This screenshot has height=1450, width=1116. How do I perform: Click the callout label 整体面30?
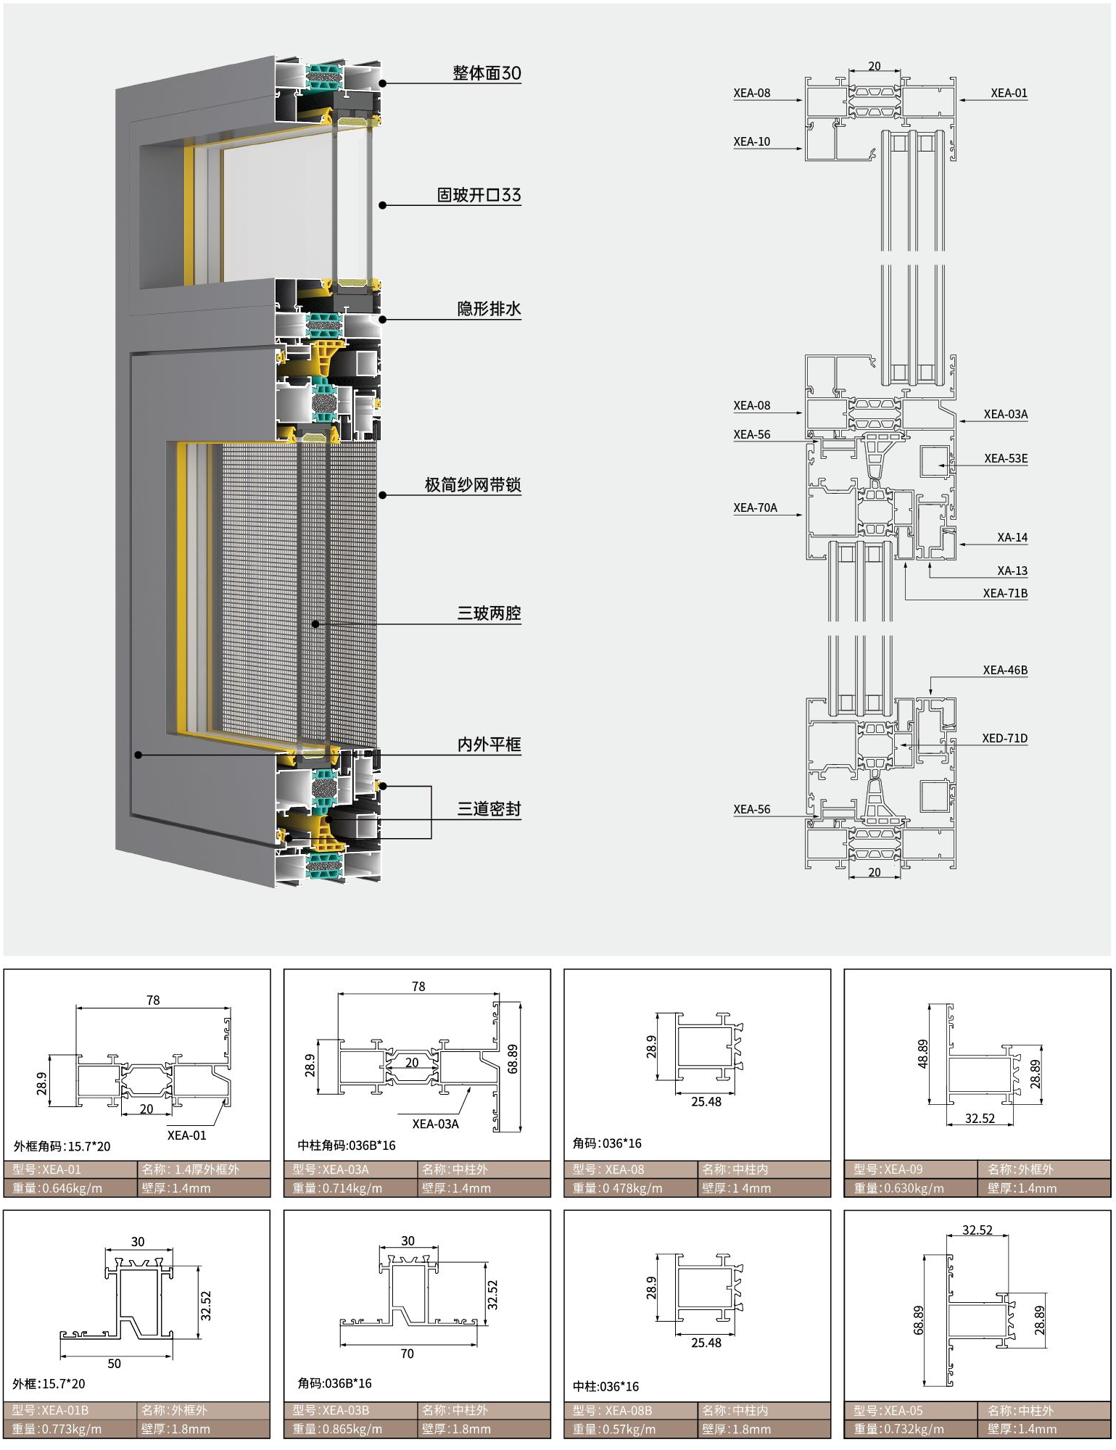(x=487, y=73)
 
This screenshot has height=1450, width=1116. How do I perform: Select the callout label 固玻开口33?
(x=479, y=195)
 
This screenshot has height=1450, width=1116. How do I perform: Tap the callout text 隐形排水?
(x=489, y=309)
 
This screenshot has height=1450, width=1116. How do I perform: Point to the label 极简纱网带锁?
(x=473, y=485)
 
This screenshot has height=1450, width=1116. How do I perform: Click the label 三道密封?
(x=489, y=809)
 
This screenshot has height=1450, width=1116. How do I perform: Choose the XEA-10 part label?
(x=751, y=141)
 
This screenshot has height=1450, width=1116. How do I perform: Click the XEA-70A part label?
(x=755, y=507)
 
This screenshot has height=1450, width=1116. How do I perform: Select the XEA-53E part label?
(x=1006, y=458)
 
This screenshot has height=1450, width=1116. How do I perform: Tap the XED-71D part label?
(x=1004, y=738)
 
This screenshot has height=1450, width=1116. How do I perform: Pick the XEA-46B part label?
(x=1005, y=670)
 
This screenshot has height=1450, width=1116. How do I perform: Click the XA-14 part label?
(x=1012, y=537)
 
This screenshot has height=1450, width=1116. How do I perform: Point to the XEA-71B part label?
(x=1005, y=593)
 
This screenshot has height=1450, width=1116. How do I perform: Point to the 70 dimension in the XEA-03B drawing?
(x=408, y=1354)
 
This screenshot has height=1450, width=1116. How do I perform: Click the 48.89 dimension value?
(x=922, y=1053)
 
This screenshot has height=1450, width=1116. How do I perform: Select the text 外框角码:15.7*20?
(x=62, y=1146)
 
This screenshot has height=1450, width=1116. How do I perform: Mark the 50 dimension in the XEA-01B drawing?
(x=115, y=1363)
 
